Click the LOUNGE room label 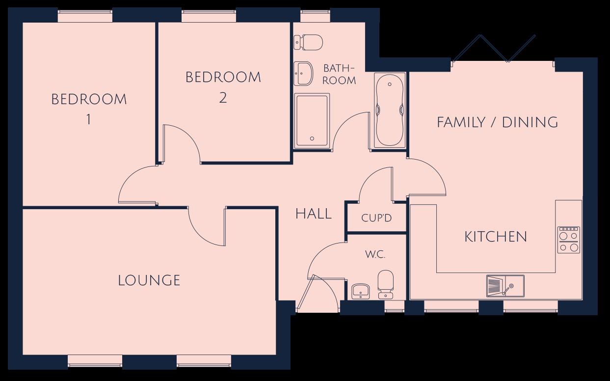coord(149,280)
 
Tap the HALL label coord(314,214)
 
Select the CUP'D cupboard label coord(376,218)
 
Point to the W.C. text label coord(375,255)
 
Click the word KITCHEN coord(496,237)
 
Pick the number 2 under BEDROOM coord(223,98)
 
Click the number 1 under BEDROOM coord(88,119)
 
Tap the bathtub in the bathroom coord(390,110)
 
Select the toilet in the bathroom coord(308,42)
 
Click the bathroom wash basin coord(303,73)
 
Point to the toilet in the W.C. coord(385,285)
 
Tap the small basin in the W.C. coord(361,291)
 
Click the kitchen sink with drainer coord(505,286)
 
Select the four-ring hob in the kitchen coord(569,240)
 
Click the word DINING coord(530,122)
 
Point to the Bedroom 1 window coord(85,16)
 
